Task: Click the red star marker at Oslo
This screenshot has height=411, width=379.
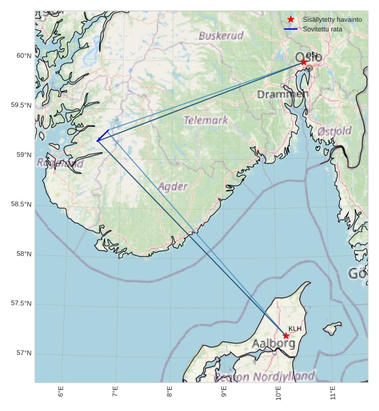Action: coord(304,62)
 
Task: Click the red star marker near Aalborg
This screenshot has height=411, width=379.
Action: coord(286,336)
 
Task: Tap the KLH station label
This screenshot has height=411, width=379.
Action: coord(295,329)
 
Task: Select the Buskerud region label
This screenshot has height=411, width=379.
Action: coord(221,36)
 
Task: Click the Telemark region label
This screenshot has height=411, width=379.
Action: coord(206,120)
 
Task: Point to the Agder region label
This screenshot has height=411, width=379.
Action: coord(173,186)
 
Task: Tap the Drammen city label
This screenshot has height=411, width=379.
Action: coord(282,94)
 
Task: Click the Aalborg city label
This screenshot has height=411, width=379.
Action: coord(273,343)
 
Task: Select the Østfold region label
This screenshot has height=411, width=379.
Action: coord(334,131)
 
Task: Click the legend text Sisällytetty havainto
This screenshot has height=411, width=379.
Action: coord(332,19)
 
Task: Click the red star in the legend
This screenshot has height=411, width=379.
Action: coord(291,19)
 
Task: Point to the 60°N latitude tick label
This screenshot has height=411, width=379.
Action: coord(23,56)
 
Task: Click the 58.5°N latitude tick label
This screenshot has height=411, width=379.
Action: coord(21,205)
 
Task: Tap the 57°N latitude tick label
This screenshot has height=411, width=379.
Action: coord(23,353)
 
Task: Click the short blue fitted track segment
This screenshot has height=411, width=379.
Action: coord(103,135)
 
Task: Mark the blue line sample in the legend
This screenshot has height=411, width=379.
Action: coord(291,29)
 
